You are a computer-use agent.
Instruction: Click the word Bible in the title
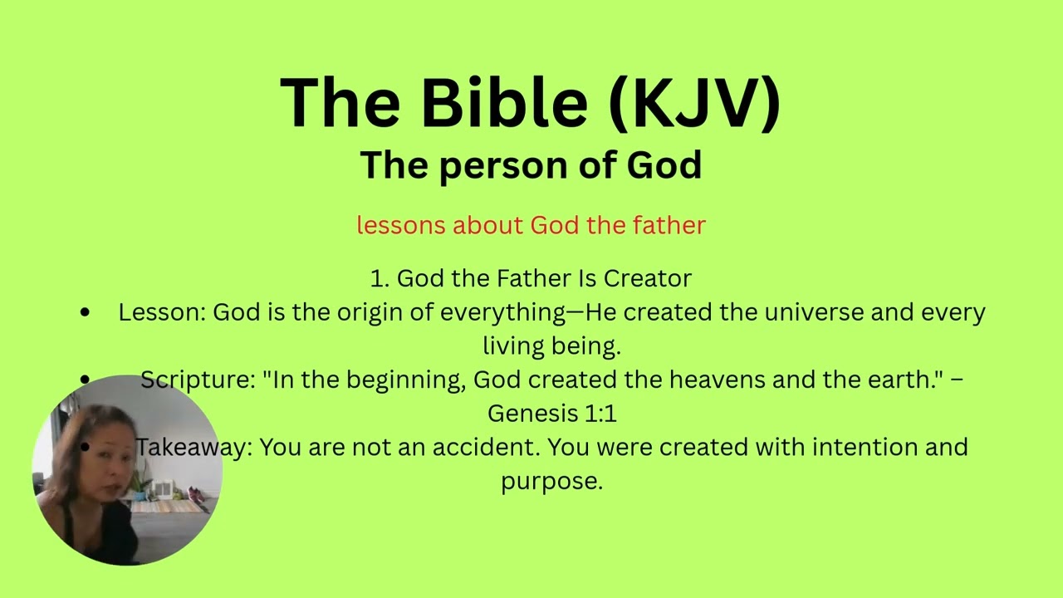pos(503,102)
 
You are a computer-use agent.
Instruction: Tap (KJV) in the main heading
pos(694,102)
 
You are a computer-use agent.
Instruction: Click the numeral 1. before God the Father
pos(380,278)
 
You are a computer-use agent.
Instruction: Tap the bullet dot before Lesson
pos(86,313)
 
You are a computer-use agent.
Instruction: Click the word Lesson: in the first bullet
pos(161,312)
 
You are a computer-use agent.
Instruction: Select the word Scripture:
pos(197,380)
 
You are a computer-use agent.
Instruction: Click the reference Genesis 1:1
pos(551,413)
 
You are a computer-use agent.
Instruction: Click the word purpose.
pos(551,481)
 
